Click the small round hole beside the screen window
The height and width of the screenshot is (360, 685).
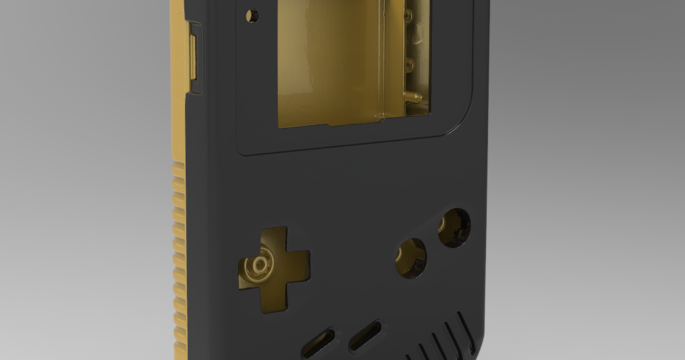point(252,15)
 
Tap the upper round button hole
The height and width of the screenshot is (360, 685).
point(455,227)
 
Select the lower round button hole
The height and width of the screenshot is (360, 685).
point(411,258)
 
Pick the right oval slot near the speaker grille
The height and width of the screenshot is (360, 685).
point(365,335)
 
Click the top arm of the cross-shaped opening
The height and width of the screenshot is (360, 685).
point(273,240)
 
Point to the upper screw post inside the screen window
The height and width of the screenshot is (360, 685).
point(409,14)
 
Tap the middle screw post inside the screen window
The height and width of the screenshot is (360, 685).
point(410,64)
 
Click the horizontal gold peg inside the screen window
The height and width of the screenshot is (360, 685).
point(414,97)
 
